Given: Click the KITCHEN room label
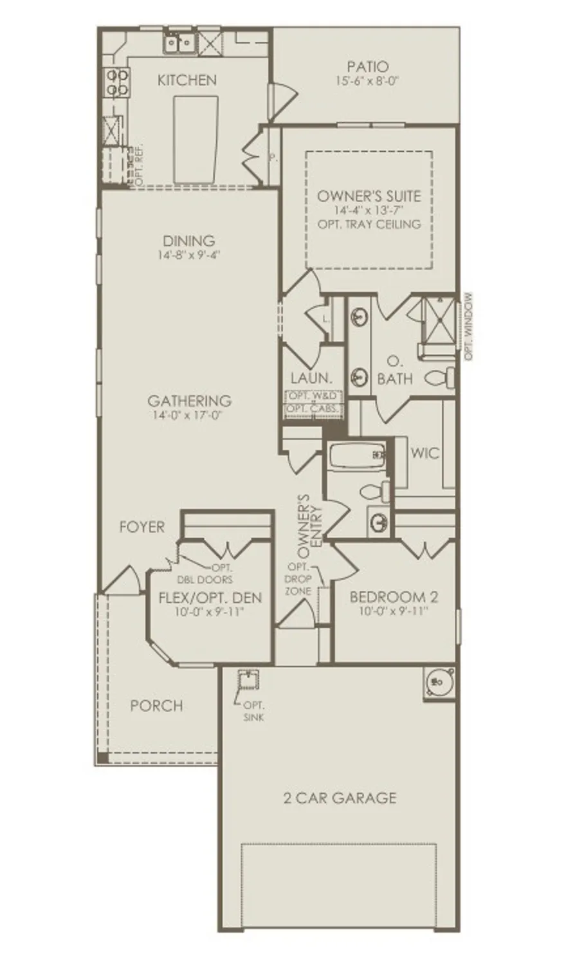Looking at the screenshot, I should (187, 80).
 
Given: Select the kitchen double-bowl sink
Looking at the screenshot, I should (179, 43).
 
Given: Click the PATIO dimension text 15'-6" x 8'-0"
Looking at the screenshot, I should (367, 82).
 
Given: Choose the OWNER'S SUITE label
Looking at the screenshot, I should (369, 196).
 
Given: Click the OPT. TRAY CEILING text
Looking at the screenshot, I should (369, 225).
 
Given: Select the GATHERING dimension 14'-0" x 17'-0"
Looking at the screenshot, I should (188, 416).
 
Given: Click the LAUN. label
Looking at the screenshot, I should (311, 378).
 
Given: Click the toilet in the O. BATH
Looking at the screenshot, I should (441, 376).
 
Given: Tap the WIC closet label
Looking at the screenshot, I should (424, 453).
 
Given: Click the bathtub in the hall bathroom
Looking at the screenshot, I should (356, 457).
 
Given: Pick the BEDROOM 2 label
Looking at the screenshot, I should (388, 597).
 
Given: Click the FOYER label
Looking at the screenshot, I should (141, 527).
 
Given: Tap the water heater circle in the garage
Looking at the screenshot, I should (440, 681).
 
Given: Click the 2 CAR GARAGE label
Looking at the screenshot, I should (340, 798).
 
